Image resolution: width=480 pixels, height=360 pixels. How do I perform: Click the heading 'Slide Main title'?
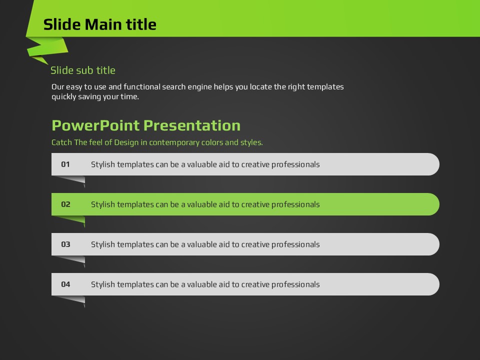click(x=100, y=24)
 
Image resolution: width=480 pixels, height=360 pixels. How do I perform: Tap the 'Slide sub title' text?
click(x=83, y=70)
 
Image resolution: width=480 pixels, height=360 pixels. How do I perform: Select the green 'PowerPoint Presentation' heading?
click(x=146, y=125)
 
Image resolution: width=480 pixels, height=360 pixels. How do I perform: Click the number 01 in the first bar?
click(x=65, y=164)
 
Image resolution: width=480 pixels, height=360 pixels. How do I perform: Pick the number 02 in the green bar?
click(x=65, y=204)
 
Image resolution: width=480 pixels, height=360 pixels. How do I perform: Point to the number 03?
click(x=65, y=244)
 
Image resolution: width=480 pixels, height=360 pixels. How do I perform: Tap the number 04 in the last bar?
click(x=65, y=284)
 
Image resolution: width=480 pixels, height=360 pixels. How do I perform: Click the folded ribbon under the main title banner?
click(x=46, y=49)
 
